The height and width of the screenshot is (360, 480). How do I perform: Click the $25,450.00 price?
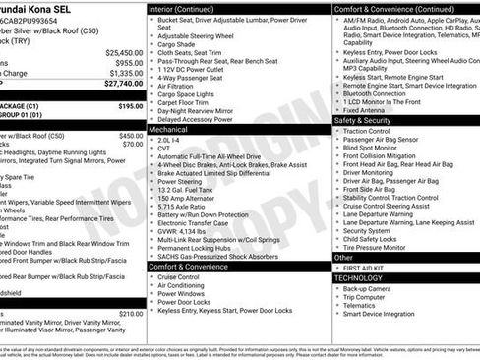[124, 52]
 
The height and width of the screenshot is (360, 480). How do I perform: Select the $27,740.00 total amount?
[124, 85]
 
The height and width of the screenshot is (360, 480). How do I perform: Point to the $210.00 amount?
[130, 313]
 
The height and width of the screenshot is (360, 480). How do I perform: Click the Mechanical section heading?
[168, 129]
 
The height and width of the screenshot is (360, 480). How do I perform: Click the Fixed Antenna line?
[366, 110]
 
